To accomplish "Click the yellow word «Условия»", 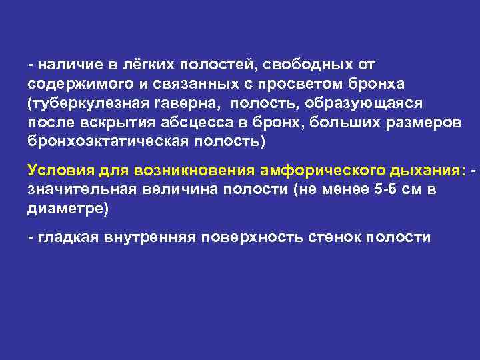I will (57, 170).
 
